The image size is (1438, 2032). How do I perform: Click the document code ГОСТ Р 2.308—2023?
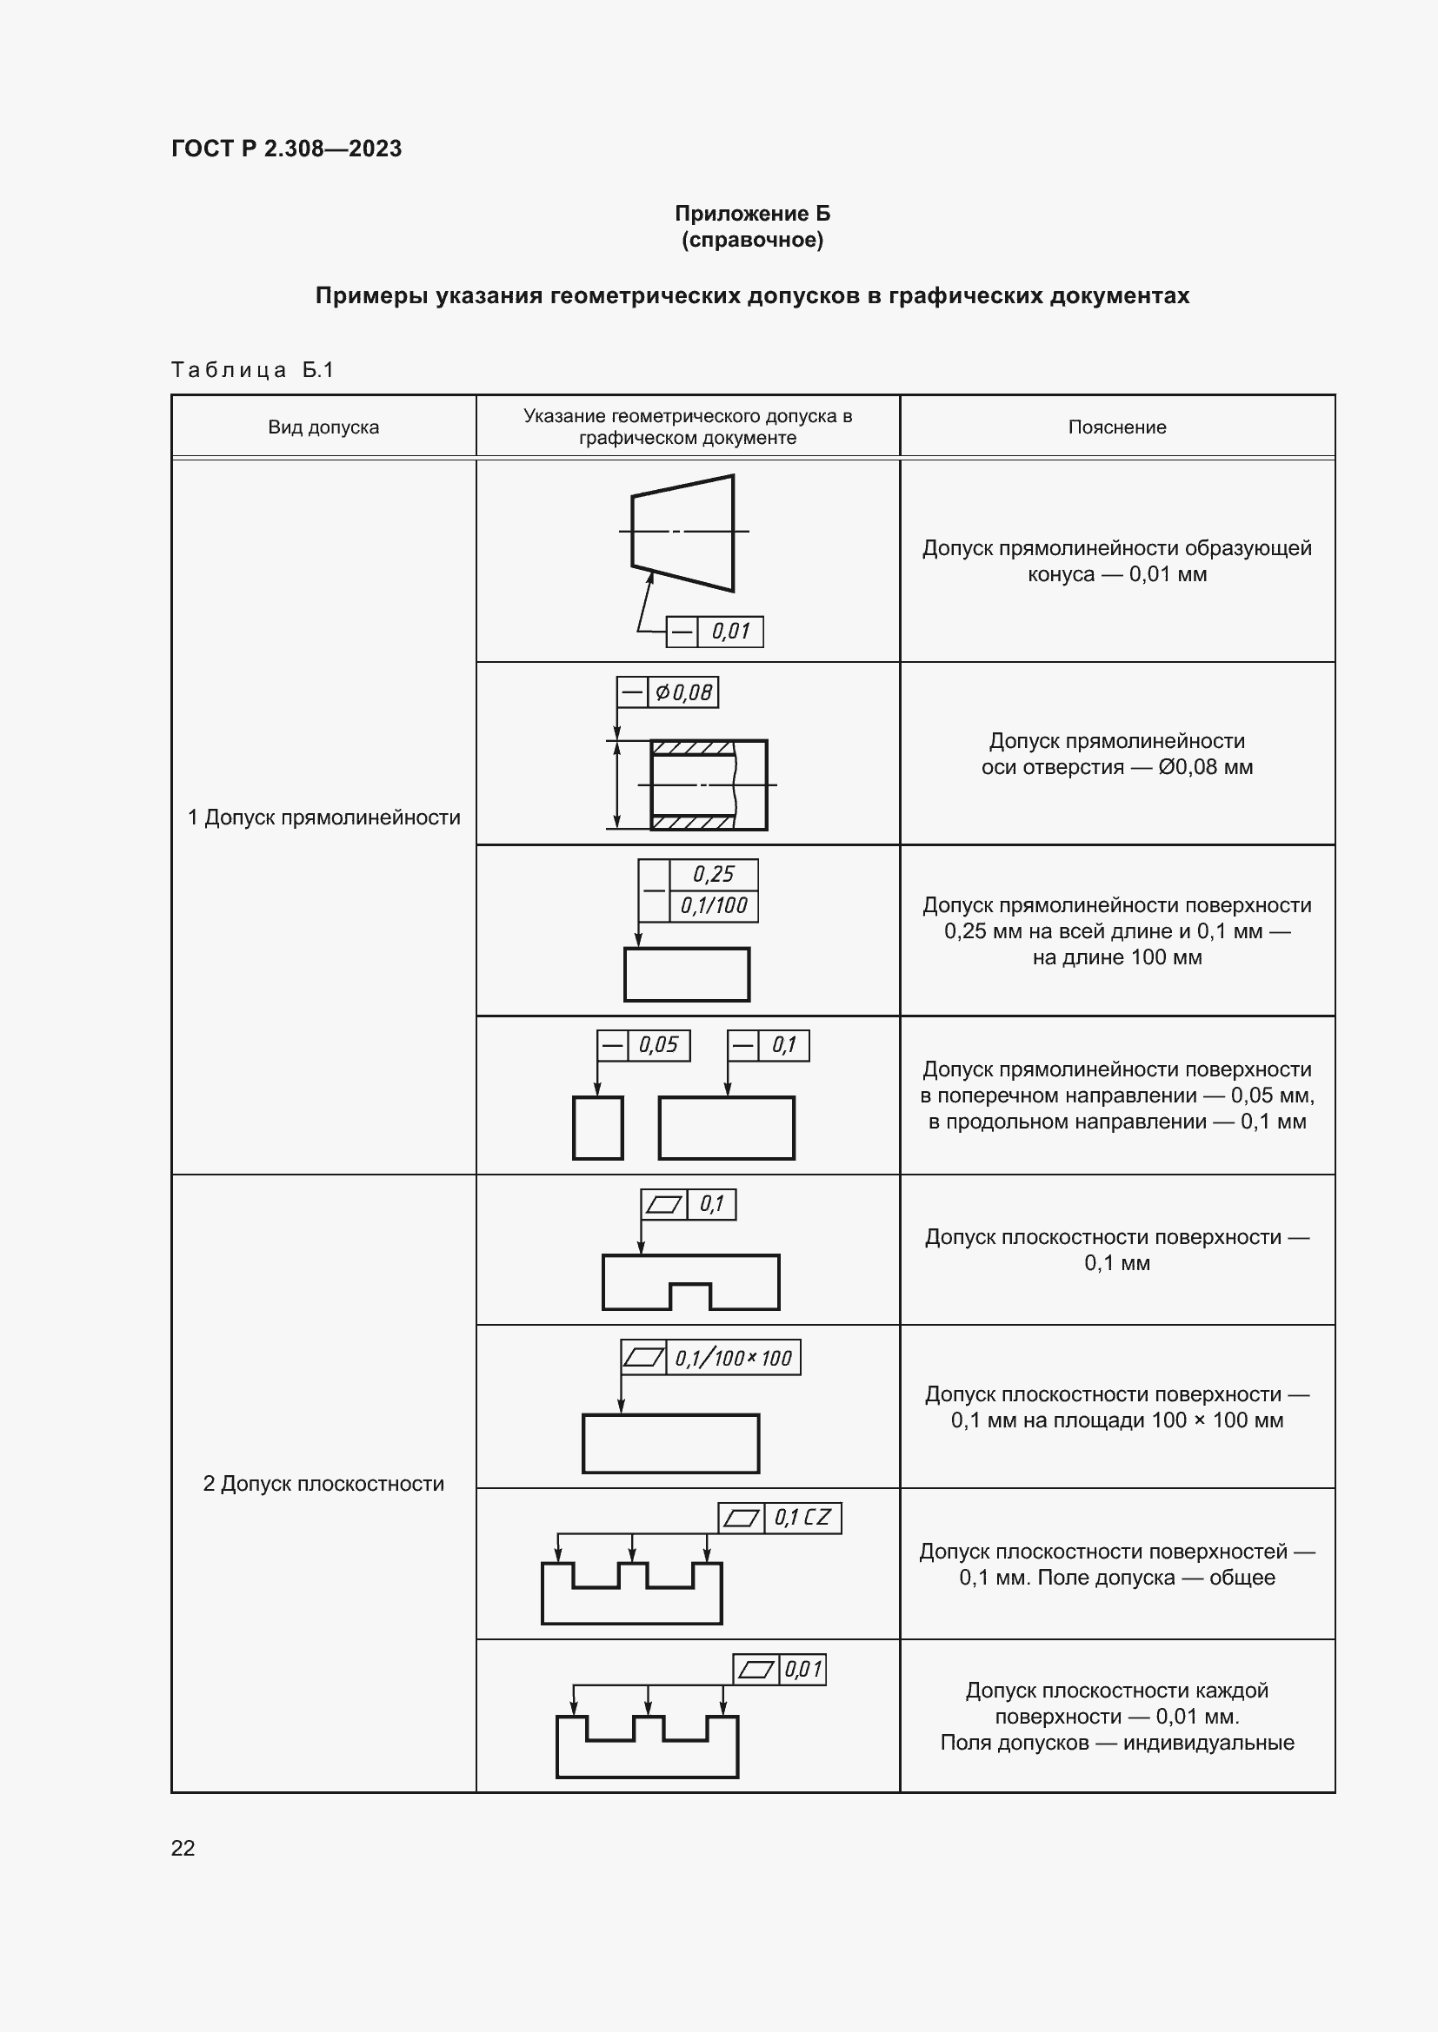pyautogui.click(x=286, y=149)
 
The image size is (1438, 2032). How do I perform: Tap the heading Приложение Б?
pyautogui.click(x=752, y=214)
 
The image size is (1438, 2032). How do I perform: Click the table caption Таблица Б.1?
pyautogui.click(x=252, y=370)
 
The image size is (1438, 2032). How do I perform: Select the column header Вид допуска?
pyautogui.click(x=323, y=427)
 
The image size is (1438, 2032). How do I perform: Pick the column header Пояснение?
pyautogui.click(x=1116, y=427)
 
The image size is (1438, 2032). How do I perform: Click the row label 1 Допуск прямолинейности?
pyautogui.click(x=323, y=817)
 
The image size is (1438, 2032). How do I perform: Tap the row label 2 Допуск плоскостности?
pyautogui.click(x=323, y=1483)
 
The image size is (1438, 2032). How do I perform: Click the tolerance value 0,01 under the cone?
pyautogui.click(x=730, y=632)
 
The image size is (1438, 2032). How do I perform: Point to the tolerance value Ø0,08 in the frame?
pyautogui.click(x=682, y=692)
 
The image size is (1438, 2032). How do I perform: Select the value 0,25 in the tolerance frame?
pyautogui.click(x=714, y=875)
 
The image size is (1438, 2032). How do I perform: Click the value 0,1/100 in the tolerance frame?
pyautogui.click(x=714, y=905)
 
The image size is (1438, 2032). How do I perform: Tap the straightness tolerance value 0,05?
pyautogui.click(x=658, y=1045)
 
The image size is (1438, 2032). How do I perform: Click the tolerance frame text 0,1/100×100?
pyautogui.click(x=733, y=1358)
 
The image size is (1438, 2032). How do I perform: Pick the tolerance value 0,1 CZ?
pyautogui.click(x=802, y=1518)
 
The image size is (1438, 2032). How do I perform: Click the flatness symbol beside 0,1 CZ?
pyautogui.click(x=741, y=1518)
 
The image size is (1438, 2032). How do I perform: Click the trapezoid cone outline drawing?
pyautogui.click(x=682, y=533)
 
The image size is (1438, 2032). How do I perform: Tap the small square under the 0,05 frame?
pyautogui.click(x=597, y=1128)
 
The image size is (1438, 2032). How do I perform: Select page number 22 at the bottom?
pyautogui.click(x=183, y=1848)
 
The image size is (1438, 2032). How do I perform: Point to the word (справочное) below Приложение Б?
pyautogui.click(x=752, y=240)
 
